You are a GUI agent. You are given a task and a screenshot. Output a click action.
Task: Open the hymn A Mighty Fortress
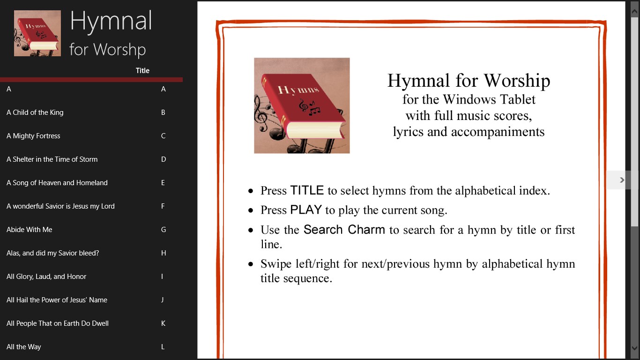33,136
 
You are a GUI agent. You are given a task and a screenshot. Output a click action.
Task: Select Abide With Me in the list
29,230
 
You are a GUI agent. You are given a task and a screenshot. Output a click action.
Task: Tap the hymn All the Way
24,347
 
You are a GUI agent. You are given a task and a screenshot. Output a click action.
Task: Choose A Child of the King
35,112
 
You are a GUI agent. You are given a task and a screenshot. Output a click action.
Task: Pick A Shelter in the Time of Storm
52,159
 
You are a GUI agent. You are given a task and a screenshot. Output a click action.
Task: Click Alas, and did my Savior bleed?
52,253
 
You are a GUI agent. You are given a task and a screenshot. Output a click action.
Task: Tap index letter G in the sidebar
164,230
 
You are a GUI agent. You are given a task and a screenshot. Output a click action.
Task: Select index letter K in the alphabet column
163,323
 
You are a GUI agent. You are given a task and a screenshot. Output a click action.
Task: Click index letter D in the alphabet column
164,159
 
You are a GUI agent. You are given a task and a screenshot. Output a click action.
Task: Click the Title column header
142,71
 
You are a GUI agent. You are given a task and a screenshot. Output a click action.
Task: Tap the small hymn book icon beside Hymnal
37,33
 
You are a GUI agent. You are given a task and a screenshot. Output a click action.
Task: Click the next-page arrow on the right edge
622,180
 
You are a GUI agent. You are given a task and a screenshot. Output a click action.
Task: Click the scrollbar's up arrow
634,11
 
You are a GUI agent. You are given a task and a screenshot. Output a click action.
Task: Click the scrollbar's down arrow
634,348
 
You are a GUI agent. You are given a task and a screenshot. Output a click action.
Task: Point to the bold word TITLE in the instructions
307,190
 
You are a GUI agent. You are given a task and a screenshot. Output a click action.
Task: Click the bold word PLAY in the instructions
306,210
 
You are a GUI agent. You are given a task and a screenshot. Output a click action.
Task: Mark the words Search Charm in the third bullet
344,230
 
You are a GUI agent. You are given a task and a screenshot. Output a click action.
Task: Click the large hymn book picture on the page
302,105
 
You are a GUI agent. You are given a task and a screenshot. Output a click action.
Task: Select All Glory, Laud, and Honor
46,277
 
